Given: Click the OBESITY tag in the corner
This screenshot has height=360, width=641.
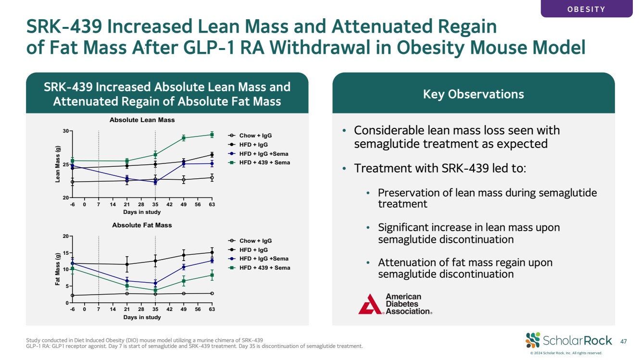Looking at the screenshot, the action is point(586,9).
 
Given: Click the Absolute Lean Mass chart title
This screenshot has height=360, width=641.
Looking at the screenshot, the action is point(142,120).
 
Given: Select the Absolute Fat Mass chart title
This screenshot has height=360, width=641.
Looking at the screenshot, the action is point(142,225).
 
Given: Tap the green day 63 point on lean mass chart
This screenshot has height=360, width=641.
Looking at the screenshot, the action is point(212,135).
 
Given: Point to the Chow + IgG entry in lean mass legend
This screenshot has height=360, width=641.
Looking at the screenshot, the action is point(250,136).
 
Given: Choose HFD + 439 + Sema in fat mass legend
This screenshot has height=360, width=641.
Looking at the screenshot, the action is point(259,268).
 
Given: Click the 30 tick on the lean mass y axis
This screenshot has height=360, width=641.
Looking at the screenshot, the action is point(66,131).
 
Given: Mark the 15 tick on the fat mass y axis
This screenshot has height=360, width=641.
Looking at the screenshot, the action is point(66,253).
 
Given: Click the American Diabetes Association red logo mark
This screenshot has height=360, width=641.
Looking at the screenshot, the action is point(370,304).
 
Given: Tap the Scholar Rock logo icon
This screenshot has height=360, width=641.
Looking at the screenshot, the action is point(532,340).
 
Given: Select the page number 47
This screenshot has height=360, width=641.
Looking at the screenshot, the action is point(623,341).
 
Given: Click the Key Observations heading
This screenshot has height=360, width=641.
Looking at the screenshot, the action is point(473,94).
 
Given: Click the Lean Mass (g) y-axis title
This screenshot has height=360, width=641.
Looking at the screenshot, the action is point(58,164).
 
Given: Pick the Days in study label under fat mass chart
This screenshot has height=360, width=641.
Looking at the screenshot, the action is point(142,317).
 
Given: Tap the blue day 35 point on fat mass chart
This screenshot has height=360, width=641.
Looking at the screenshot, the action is point(155,283).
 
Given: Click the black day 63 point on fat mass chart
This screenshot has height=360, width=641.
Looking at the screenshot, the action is point(212,252).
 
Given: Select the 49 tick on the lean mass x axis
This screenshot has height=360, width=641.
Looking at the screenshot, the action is point(183,204).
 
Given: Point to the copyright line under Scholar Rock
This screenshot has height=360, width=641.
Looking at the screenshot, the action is point(566,353).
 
